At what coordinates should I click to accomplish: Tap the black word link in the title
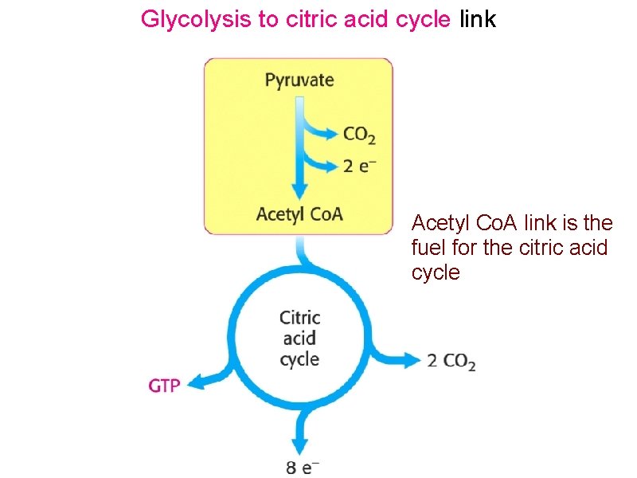[x=477, y=19]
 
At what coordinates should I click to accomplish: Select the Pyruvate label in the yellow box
[x=299, y=80]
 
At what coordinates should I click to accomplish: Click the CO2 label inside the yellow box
[x=359, y=135]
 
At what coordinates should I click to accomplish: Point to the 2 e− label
[x=360, y=167]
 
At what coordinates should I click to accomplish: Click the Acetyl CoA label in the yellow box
[x=299, y=214]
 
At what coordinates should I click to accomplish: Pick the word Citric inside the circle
[x=299, y=317]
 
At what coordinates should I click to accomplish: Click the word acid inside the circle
[x=299, y=338]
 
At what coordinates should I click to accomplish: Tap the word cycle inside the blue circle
[x=299, y=359]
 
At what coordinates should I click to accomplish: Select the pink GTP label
[x=165, y=386]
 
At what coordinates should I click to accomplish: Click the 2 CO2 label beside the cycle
[x=451, y=361]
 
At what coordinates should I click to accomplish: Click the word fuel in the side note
[x=426, y=247]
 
